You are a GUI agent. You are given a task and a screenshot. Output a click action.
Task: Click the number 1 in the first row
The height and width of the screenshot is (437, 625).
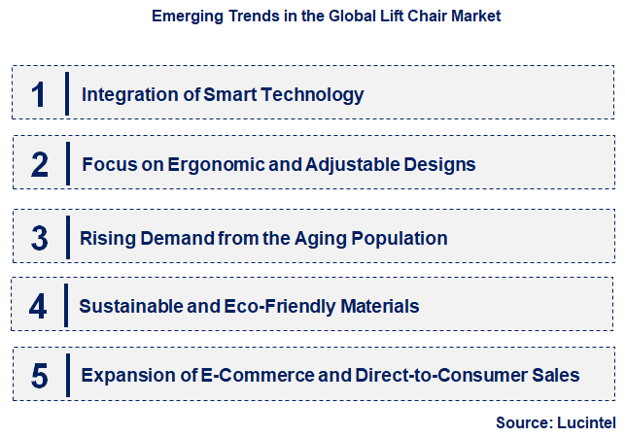point(38,94)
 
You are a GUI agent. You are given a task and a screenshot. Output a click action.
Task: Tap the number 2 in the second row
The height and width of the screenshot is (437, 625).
point(39,164)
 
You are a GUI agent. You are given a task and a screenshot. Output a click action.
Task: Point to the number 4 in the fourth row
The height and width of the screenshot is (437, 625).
point(38,306)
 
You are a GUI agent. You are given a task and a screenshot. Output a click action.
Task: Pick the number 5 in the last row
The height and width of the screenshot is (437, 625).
point(39,375)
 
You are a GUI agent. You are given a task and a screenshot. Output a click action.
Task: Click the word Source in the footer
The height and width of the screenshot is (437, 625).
point(522,422)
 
